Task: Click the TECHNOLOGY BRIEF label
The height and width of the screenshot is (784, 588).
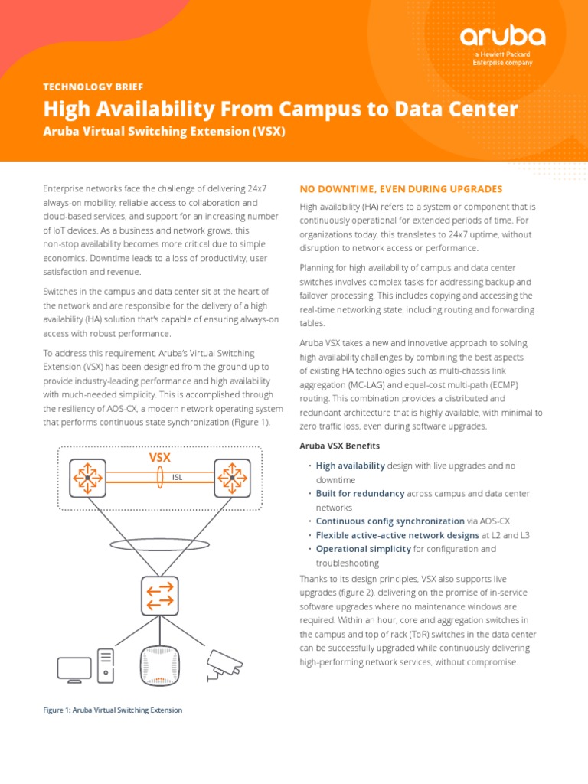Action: [93, 87]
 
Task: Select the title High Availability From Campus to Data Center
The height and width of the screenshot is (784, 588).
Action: [280, 109]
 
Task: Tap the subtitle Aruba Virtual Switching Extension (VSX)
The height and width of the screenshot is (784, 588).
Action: [164, 131]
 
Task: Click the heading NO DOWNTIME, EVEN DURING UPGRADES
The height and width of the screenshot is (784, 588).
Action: [400, 188]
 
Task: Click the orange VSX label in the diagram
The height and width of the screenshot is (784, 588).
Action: [159, 457]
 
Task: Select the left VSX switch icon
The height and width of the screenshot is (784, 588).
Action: [88, 477]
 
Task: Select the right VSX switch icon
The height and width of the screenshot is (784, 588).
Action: [232, 477]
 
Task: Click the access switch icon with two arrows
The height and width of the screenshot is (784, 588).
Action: [160, 595]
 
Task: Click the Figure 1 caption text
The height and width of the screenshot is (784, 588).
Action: [113, 710]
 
